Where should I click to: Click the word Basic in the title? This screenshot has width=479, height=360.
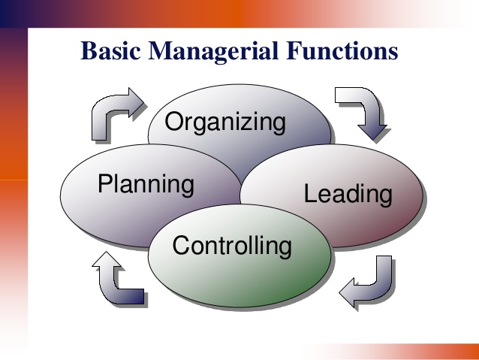tap(111, 50)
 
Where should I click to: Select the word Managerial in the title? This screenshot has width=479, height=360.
tap(213, 52)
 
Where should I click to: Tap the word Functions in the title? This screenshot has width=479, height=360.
tap(342, 50)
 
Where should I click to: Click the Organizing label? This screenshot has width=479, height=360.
tap(225, 123)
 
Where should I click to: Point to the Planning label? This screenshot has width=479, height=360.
tap(146, 184)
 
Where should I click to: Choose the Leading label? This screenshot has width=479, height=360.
tap(348, 195)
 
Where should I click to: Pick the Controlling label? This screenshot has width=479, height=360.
tap(232, 246)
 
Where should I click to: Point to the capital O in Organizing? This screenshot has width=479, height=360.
tap(174, 122)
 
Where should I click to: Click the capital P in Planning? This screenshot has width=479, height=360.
tap(106, 183)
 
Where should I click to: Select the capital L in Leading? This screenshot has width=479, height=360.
tap(311, 193)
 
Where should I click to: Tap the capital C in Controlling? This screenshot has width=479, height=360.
tap(182, 245)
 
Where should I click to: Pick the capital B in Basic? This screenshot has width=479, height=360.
tap(89, 50)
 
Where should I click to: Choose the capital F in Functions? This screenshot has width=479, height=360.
tap(294, 50)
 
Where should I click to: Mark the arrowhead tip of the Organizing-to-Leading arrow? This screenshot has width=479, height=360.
tap(373, 140)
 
